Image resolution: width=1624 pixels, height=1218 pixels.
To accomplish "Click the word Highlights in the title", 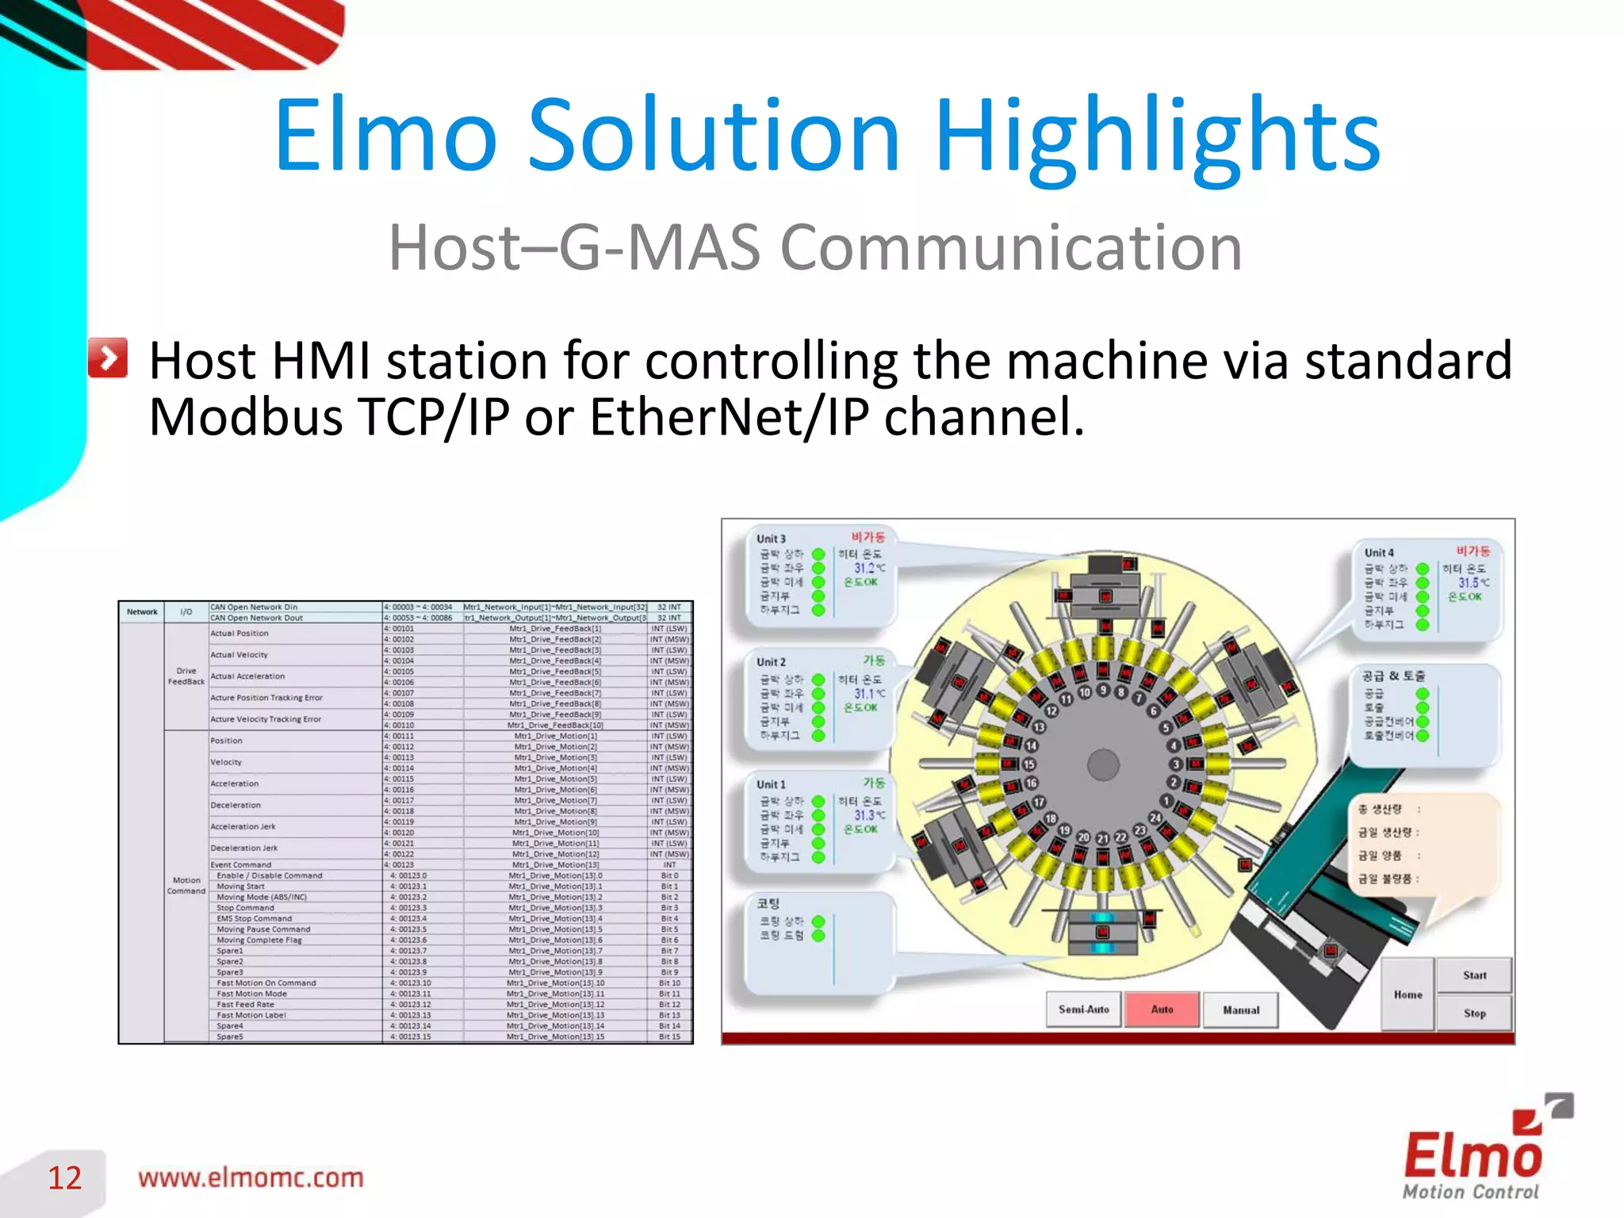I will pos(1158,136).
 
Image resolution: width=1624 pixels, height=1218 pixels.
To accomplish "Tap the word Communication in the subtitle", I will pos(1011,247).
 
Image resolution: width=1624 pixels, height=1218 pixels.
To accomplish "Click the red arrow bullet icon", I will pos(108,358).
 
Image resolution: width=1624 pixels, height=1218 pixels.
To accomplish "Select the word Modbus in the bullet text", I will pos(246,417).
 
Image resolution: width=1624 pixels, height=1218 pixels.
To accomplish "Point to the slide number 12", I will pos(65,1178).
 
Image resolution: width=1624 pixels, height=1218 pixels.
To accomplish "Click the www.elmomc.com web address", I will pos(251,1178).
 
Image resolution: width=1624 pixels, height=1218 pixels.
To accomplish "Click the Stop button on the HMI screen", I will pos(1474,1013).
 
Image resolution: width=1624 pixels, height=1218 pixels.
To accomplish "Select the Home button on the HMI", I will pos(1408,994).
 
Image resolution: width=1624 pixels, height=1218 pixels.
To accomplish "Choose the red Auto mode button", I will pos(1162,1009).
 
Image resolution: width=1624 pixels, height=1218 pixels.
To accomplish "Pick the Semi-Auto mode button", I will pos(1083,1009).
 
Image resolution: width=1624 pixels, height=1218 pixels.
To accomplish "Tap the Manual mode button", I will pos(1240,1010).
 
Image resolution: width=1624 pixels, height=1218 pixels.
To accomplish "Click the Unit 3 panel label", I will pos(771,538).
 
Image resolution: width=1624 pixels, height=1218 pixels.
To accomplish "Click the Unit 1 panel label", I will pos(771,784).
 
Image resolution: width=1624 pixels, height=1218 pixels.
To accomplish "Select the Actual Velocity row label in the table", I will pos(239,655).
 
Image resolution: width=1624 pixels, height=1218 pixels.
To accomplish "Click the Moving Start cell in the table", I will pos(241,887).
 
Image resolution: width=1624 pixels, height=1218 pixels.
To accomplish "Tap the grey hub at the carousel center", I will pos(1103,765).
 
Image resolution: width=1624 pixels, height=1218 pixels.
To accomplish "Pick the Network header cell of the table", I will pos(142,611).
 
